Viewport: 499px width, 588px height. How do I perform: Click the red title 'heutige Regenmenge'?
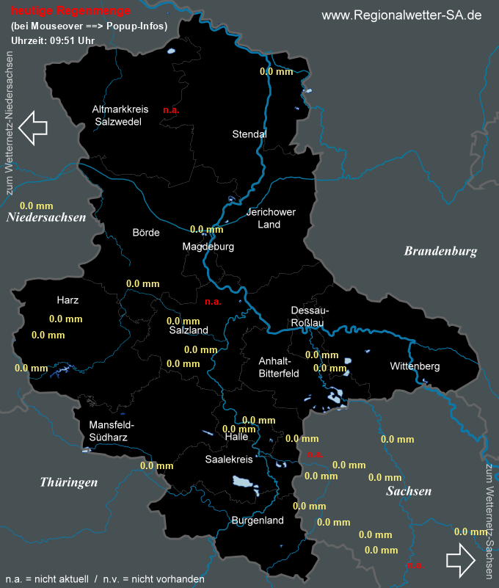(71, 11)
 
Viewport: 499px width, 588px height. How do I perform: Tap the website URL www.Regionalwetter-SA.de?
(401, 15)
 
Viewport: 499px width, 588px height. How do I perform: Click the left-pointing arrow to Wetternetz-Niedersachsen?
(32, 126)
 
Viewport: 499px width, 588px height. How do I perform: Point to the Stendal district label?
(249, 134)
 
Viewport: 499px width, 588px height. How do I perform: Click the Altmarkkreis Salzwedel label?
(120, 115)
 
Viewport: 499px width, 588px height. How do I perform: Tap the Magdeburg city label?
(208, 247)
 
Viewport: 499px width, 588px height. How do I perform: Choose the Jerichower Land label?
(271, 218)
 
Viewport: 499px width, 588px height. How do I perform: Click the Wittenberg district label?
(415, 366)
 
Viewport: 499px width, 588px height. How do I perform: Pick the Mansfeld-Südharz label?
(112, 431)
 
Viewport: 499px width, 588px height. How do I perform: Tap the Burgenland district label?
(257, 520)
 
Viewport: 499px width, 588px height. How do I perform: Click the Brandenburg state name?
(440, 251)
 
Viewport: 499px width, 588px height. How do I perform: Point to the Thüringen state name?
(69, 482)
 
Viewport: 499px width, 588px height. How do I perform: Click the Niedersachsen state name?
(46, 217)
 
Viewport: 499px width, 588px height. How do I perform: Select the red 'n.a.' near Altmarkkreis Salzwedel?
(171, 110)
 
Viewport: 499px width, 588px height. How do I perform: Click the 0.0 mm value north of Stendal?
(277, 71)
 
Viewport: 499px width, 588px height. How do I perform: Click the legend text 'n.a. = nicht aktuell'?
(45, 579)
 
